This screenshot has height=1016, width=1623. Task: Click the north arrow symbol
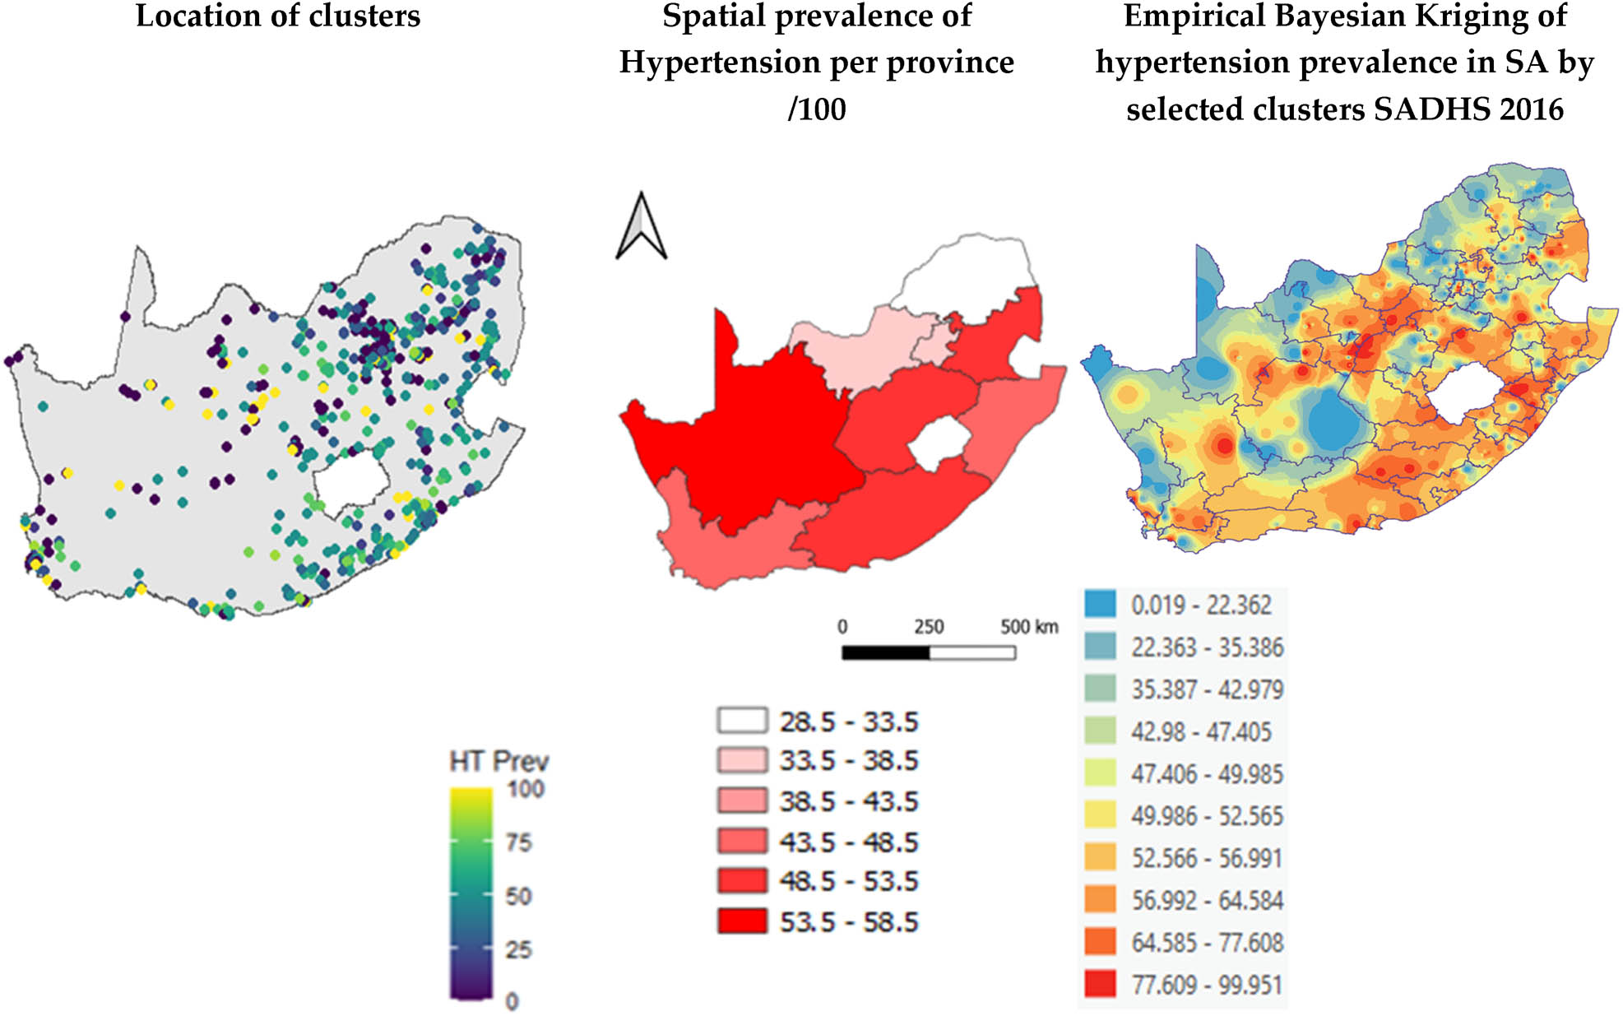[x=641, y=226]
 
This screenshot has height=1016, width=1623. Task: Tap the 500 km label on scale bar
[x=1028, y=627]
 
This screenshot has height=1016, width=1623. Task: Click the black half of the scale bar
[x=885, y=653]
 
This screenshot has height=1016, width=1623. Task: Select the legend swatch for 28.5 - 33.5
[x=741, y=721]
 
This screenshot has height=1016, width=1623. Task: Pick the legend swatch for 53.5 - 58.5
[x=741, y=921]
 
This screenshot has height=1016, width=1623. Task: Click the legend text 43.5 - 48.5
[x=848, y=842]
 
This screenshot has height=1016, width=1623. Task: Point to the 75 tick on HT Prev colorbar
[x=519, y=842]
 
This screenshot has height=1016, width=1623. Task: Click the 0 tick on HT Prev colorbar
[x=512, y=1001]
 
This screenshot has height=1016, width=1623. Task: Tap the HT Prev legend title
[x=498, y=761]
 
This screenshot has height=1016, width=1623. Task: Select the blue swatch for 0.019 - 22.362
[x=1100, y=604]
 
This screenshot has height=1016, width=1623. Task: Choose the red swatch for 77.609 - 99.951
[x=1100, y=984]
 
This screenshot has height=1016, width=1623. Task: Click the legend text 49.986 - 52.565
[x=1206, y=815]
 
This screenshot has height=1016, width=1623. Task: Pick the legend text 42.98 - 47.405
[x=1200, y=731]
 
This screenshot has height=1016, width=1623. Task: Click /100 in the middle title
[x=816, y=109]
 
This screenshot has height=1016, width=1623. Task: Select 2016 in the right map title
[x=1527, y=109]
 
